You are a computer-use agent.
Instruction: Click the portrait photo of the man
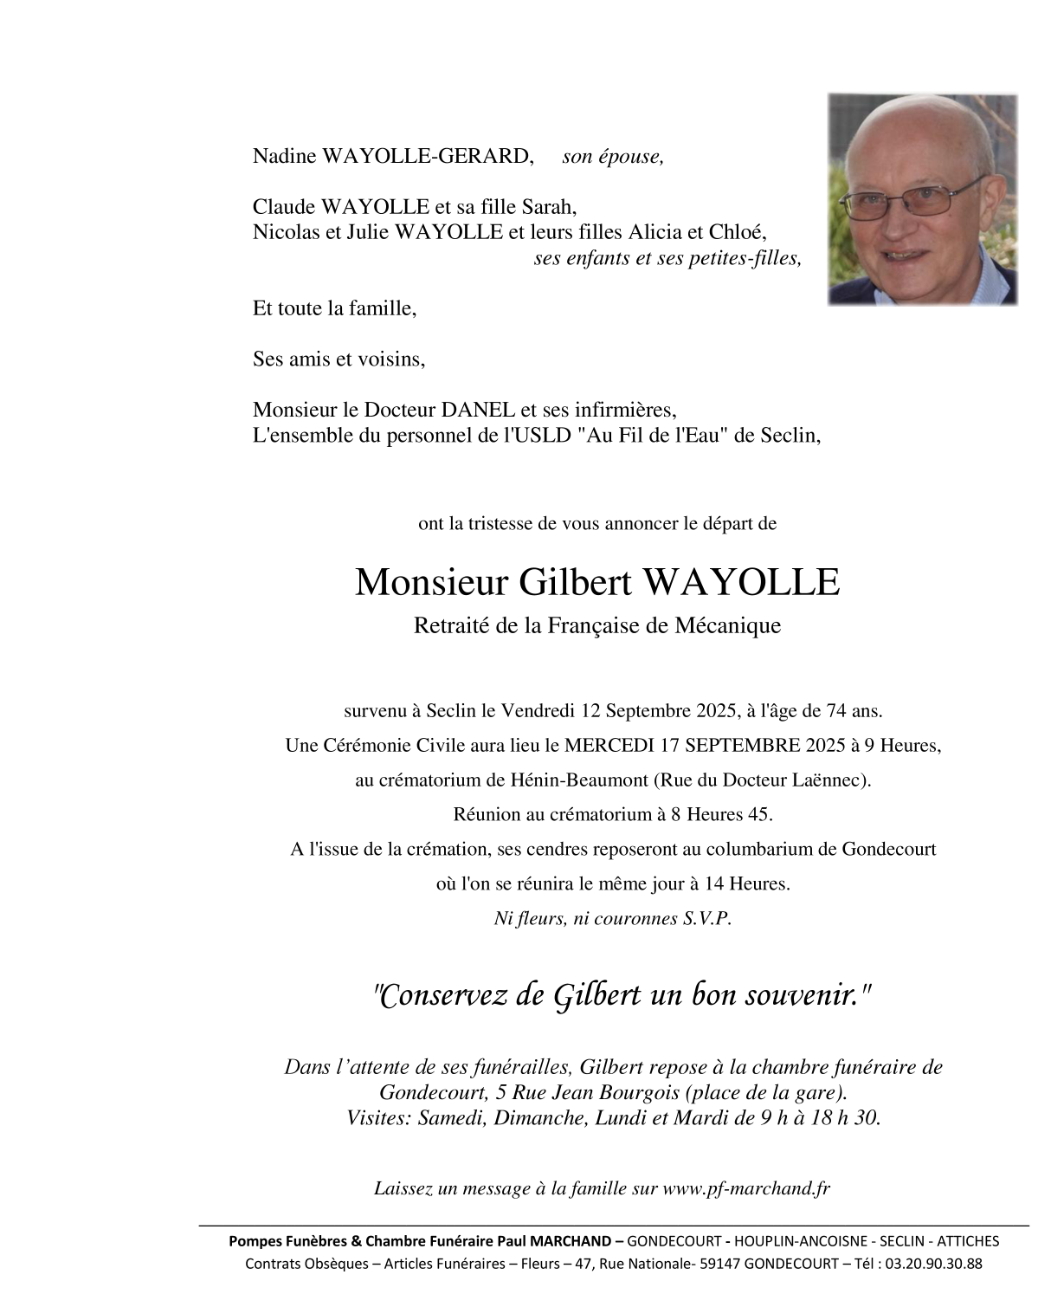point(922,199)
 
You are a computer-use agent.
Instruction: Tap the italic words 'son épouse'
point(613,157)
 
